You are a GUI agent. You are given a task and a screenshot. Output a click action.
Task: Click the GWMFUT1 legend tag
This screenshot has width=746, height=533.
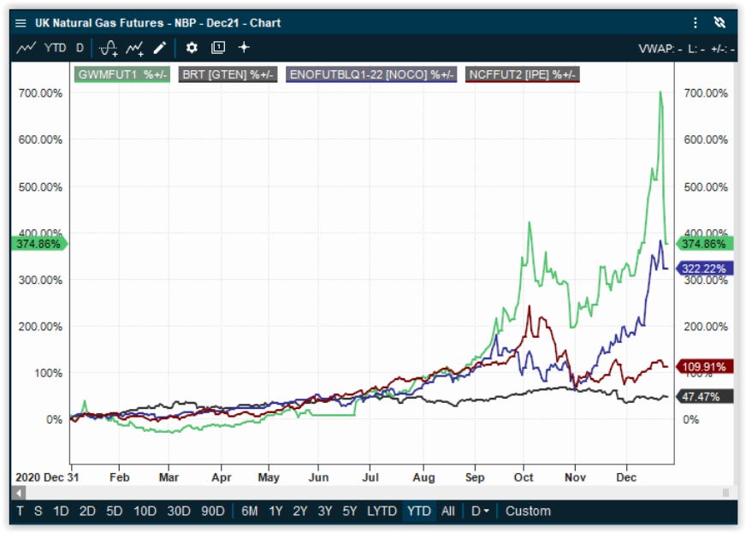click(x=122, y=74)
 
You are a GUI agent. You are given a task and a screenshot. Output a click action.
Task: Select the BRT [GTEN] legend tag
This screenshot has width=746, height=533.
click(x=228, y=74)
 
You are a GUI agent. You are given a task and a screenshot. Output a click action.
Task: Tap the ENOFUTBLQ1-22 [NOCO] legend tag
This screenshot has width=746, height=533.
click(x=371, y=74)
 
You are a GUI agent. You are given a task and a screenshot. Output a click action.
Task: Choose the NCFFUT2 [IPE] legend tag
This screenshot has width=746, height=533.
click(x=523, y=74)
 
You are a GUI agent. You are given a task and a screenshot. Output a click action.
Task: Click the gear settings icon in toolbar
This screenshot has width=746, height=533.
click(x=192, y=48)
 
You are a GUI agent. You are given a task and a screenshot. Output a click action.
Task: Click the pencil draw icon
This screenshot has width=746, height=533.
click(x=160, y=48)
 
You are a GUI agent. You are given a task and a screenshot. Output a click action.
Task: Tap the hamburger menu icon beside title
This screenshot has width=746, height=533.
click(x=21, y=23)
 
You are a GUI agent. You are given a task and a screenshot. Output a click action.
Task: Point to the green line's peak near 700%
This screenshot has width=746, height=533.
click(x=660, y=92)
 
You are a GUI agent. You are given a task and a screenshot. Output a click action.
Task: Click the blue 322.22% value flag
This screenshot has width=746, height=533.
click(x=703, y=269)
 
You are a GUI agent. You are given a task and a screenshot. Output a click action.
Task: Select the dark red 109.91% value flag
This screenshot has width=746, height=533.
click(x=704, y=366)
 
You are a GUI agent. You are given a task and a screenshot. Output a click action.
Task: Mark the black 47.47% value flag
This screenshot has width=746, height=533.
click(x=704, y=396)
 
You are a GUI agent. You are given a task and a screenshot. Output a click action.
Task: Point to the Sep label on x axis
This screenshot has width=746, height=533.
click(x=475, y=477)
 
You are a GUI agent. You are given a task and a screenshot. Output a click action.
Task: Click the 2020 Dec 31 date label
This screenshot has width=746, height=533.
click(x=47, y=477)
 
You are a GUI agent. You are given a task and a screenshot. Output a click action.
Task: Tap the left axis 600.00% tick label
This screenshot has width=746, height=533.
click(x=40, y=139)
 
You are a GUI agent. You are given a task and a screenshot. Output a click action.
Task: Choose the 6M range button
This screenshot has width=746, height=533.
click(x=250, y=511)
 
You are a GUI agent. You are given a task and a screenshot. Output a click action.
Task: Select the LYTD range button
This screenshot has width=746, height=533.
click(x=382, y=511)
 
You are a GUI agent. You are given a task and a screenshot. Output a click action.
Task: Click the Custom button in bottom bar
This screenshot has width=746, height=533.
click(x=528, y=511)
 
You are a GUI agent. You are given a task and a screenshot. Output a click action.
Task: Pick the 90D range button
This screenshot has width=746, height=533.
click(x=213, y=511)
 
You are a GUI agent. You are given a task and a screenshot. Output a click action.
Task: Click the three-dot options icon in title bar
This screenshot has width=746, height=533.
click(x=696, y=23)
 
